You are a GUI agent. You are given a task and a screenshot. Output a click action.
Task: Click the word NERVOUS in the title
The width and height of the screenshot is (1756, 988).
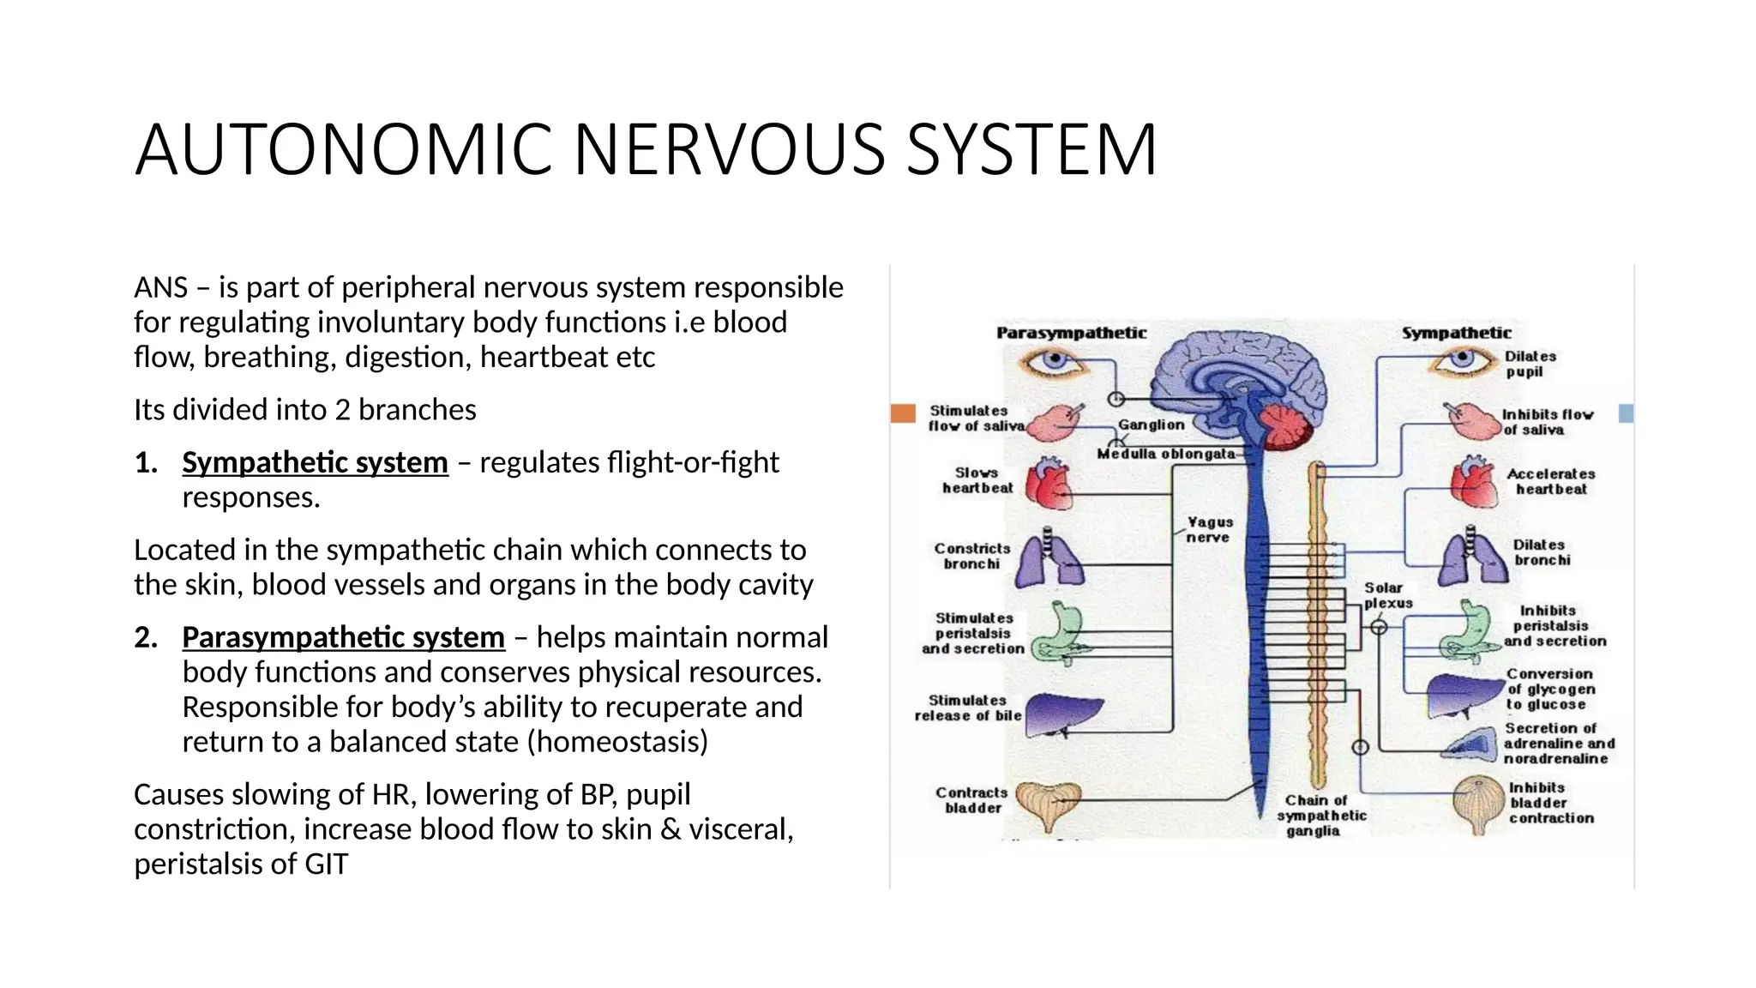[x=729, y=150]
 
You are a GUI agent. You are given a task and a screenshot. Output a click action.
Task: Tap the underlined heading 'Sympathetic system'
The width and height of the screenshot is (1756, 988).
[x=315, y=462]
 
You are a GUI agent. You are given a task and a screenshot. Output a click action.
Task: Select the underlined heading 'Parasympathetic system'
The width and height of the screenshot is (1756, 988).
[x=343, y=637]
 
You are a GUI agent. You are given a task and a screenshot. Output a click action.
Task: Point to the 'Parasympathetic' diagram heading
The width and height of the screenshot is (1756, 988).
[x=1071, y=333]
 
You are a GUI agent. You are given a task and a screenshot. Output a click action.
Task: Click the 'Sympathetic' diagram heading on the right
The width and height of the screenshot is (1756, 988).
[x=1456, y=333]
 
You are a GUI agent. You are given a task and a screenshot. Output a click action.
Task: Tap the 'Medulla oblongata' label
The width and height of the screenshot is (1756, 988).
[x=1166, y=454]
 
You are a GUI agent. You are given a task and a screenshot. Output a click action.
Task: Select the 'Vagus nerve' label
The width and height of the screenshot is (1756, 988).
[x=1209, y=529]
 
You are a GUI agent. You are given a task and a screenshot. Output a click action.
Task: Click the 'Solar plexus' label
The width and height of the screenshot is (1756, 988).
[x=1387, y=595]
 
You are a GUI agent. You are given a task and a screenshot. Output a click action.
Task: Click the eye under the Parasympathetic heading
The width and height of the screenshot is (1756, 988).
[x=1054, y=362]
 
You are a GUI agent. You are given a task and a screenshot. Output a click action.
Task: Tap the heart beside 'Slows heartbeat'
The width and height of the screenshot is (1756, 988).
[x=1049, y=485]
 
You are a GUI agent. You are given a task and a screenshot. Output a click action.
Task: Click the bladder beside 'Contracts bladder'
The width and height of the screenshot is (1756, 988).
[x=1048, y=804]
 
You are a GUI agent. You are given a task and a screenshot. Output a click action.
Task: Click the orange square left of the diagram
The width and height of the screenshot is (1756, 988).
[x=903, y=413]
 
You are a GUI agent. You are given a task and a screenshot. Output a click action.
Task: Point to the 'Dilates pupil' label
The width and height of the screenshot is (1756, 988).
[x=1530, y=364]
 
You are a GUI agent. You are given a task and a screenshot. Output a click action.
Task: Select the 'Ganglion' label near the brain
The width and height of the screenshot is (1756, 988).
[x=1151, y=425]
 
